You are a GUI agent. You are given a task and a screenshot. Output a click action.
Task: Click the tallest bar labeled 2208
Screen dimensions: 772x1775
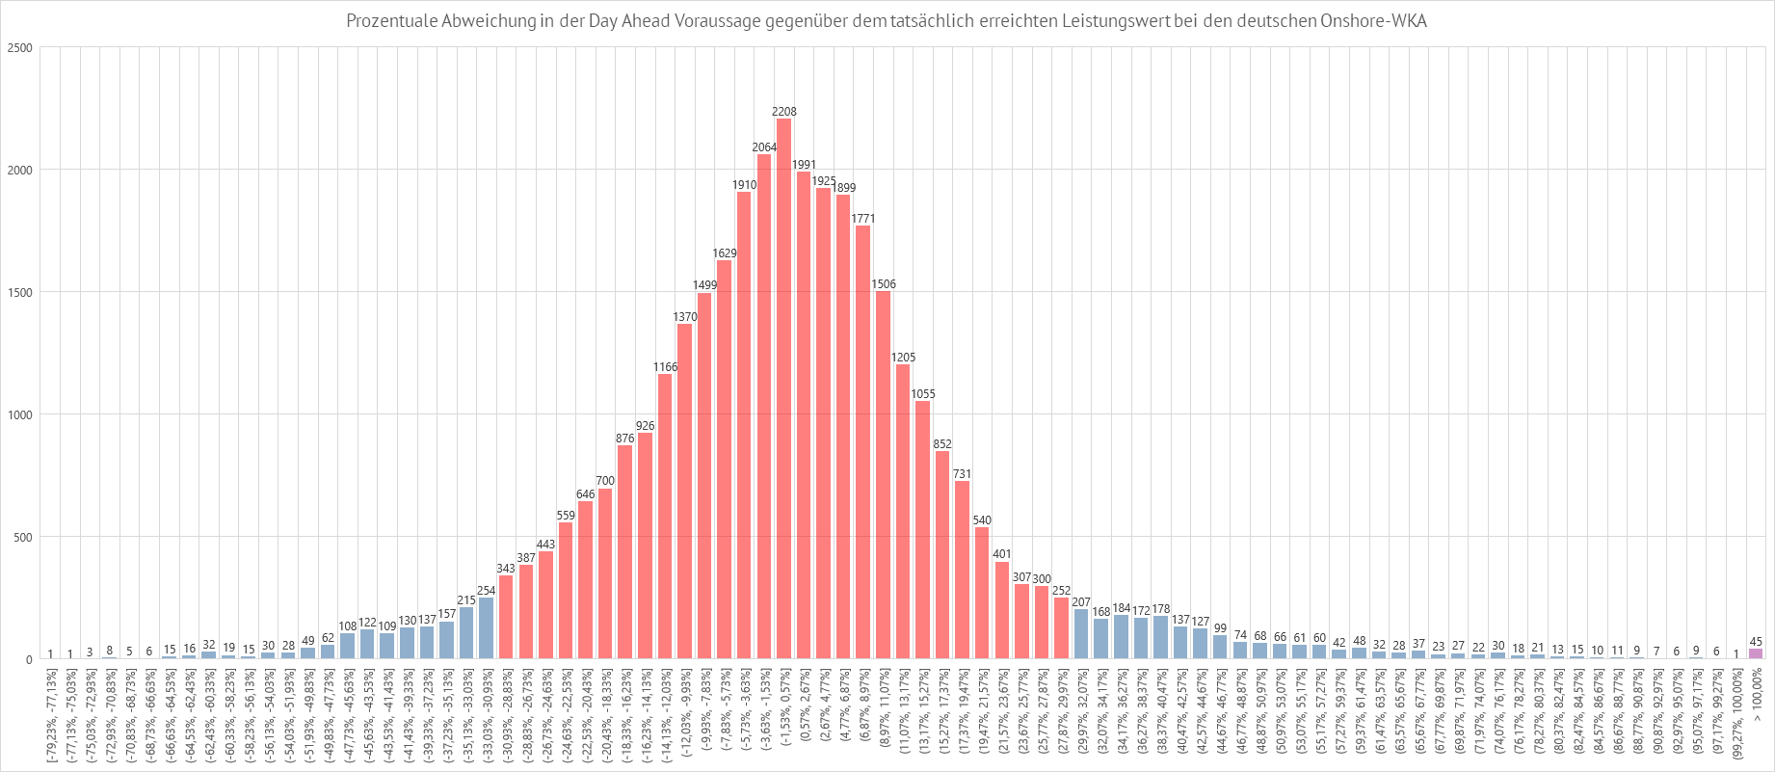783,386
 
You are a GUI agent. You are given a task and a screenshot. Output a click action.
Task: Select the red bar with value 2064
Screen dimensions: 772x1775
764,405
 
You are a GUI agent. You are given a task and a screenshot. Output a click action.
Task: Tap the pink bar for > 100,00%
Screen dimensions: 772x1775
1756,653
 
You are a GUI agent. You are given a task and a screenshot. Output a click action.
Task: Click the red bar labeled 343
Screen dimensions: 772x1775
506,617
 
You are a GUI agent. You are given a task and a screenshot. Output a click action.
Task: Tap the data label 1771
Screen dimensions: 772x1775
863,219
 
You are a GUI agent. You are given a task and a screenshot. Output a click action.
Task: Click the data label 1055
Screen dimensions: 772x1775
923,394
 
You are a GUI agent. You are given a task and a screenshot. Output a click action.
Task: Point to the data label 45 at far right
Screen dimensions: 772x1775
1756,642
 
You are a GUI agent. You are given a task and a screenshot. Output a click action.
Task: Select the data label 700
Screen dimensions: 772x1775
605,481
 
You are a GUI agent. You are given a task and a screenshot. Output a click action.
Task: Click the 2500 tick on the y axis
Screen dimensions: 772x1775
20,48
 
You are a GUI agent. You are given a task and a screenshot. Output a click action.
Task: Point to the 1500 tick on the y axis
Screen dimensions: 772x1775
20,293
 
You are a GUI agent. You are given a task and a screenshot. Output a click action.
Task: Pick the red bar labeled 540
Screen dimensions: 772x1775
982,593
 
